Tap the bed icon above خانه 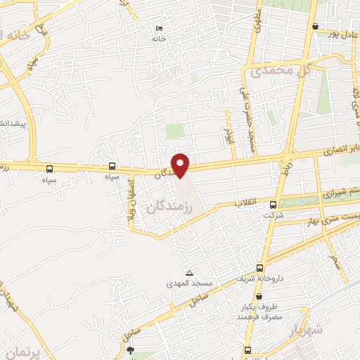coord(159,29)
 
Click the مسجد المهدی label coord(189,283)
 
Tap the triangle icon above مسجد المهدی coord(189,273)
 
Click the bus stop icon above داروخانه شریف coord(260,268)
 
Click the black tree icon coord(129,349)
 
